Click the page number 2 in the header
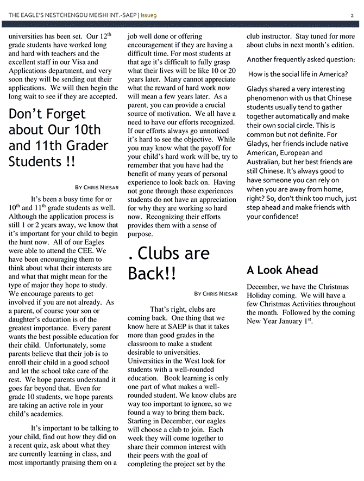point(352,16)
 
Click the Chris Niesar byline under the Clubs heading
point(216,294)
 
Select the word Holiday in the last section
point(260,295)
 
